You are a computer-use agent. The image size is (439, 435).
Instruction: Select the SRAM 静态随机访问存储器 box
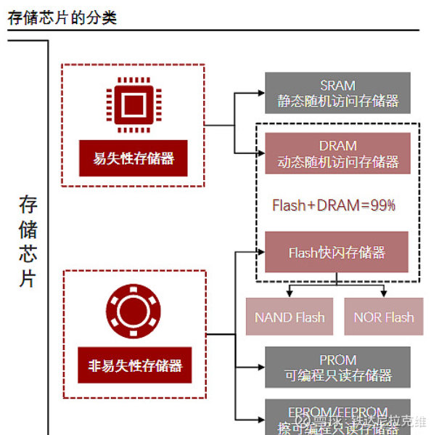tap(337, 93)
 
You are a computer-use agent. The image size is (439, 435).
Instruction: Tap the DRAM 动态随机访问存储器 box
tap(337, 153)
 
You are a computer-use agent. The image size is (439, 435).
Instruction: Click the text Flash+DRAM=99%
tap(334, 206)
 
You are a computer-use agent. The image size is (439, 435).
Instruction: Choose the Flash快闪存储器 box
tap(337, 253)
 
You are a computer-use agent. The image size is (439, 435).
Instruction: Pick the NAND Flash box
tap(290, 317)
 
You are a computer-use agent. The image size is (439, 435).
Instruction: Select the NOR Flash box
tap(384, 317)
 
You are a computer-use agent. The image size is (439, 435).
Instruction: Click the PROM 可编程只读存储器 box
tap(337, 367)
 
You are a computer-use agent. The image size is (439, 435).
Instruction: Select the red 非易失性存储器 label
tap(134, 365)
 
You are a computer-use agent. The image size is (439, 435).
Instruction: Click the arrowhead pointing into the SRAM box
tap(260, 93)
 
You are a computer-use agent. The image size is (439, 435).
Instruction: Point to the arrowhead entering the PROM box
tap(260, 367)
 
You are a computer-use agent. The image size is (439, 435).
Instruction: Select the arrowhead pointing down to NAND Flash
tap(290, 293)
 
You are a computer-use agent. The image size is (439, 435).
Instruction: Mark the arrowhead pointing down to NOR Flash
tap(384, 293)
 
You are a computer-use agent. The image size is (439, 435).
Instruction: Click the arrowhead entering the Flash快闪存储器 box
tap(260, 253)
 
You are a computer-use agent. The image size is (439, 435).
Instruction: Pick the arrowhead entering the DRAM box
tap(260, 153)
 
